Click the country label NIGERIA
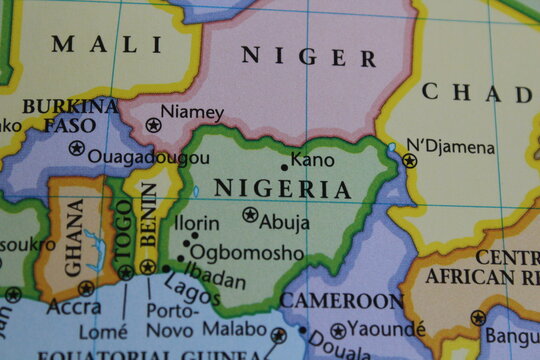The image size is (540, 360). tap(282, 188)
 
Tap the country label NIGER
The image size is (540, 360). tap(309, 56)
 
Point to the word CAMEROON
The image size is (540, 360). tap(342, 300)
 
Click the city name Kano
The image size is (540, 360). tap(313, 159)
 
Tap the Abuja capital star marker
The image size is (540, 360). tap(250, 214)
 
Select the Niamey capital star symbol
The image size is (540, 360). tap(153, 125)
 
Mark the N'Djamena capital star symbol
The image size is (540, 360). tap(409, 160)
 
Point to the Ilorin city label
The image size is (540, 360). tap(196, 221)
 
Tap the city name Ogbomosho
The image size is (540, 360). tap(246, 253)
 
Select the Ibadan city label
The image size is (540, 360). tap(215, 271)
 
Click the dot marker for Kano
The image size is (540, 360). tap(284, 167)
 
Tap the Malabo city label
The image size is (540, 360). tap(236, 328)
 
